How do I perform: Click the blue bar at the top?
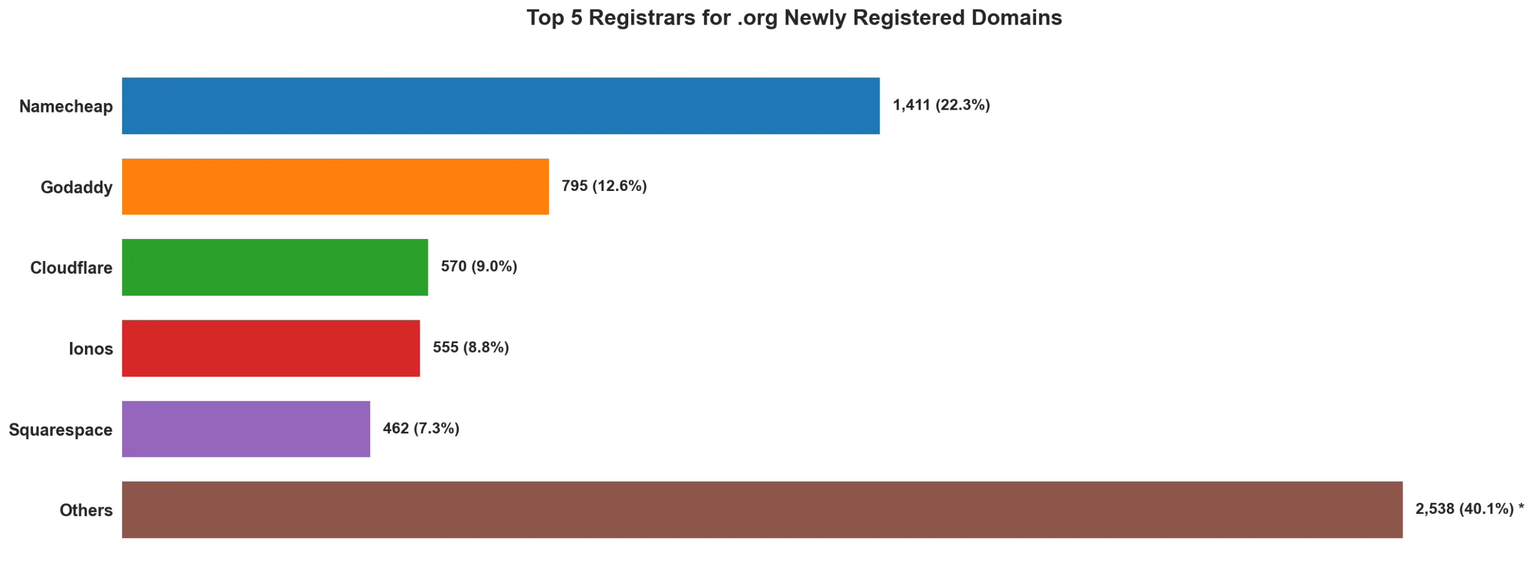(500, 107)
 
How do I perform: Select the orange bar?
(335, 187)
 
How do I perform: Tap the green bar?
(275, 266)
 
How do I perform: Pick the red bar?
(270, 348)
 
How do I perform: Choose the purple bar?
(246, 429)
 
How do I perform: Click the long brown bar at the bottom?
(761, 510)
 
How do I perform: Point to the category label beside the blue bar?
(66, 107)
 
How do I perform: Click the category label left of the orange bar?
(76, 187)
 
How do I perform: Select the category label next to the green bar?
(72, 269)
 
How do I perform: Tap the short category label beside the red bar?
(90, 350)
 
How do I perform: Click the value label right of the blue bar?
(941, 104)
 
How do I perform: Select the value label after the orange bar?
(605, 185)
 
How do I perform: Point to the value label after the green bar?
(478, 266)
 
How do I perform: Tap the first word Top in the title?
(544, 18)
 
